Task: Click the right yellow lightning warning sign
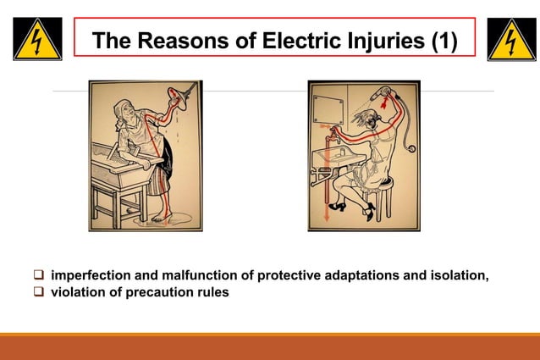tap(510, 39)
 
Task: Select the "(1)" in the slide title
tap(445, 40)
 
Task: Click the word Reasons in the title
tap(176, 40)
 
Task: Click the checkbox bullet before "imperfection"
tap(39, 276)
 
